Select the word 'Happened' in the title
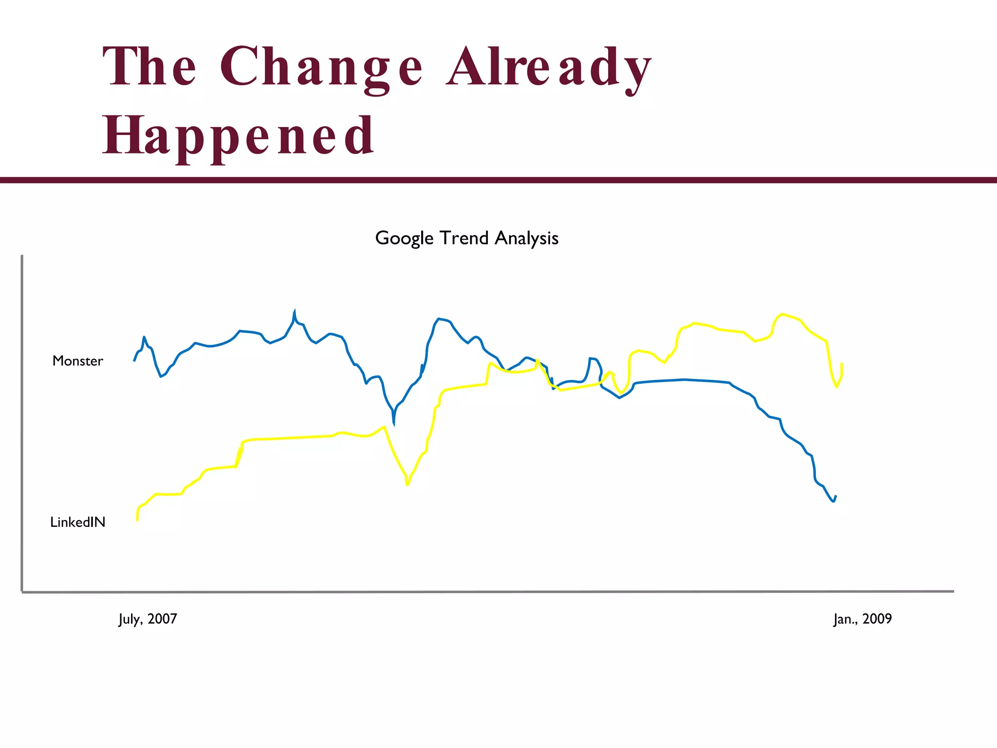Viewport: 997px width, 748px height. (238, 136)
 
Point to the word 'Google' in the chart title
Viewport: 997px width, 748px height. (404, 239)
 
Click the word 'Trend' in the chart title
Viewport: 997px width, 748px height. (464, 239)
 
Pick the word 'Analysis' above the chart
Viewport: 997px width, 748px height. (526, 239)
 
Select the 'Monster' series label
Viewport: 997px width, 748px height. (78, 361)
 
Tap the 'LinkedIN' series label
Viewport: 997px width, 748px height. (78, 523)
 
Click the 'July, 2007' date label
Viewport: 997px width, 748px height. (148, 619)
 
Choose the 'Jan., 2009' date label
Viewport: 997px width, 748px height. (862, 619)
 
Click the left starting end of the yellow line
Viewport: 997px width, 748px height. (137, 520)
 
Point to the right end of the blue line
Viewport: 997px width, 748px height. (836, 496)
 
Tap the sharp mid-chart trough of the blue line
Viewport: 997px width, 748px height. (394, 424)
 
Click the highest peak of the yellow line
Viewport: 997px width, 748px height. (782, 314)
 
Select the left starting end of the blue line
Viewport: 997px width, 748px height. (134, 361)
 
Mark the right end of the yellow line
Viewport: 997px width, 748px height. (842, 364)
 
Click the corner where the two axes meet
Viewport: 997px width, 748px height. (22, 592)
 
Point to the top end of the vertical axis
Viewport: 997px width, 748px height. (22, 256)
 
